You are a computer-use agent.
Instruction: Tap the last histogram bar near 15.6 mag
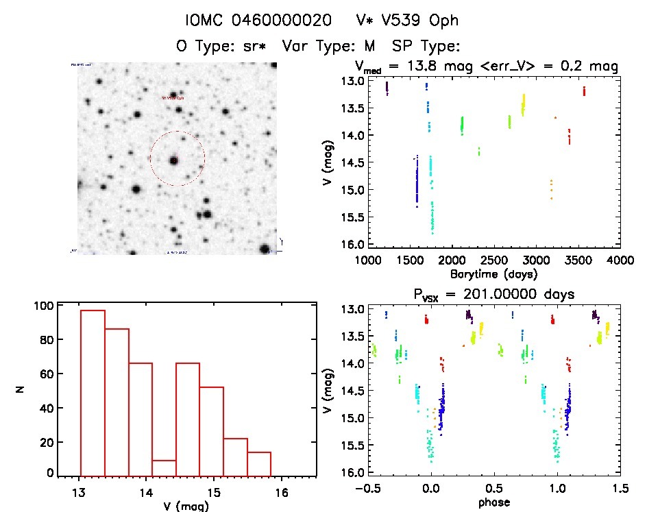259,463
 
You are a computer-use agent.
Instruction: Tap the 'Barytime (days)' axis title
493,273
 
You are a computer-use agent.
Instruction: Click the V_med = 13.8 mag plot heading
487,66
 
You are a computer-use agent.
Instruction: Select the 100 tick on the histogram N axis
44,307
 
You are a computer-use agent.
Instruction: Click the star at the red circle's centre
174,160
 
